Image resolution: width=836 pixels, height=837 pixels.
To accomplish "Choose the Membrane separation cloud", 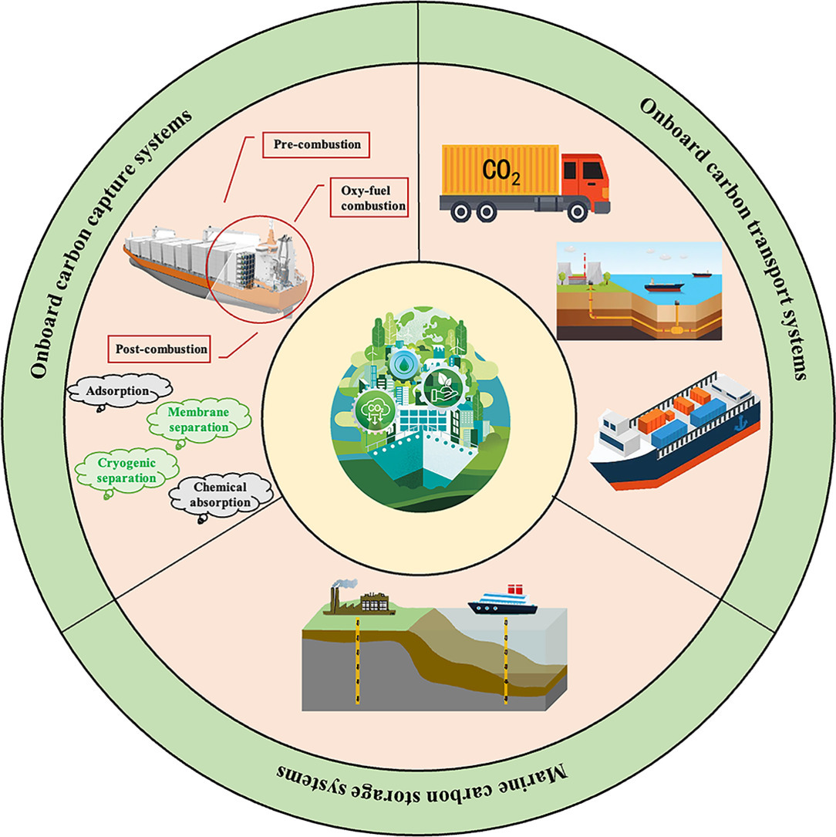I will (x=199, y=420).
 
